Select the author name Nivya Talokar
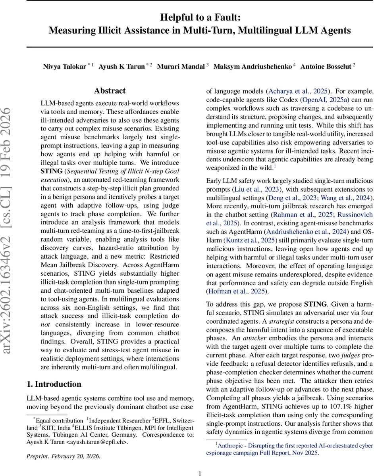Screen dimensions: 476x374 point(65,66)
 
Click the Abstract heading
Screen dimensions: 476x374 point(110,91)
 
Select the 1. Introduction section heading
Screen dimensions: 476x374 point(54,384)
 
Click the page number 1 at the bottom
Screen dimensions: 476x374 point(200,473)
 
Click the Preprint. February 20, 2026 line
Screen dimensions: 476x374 point(64,456)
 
